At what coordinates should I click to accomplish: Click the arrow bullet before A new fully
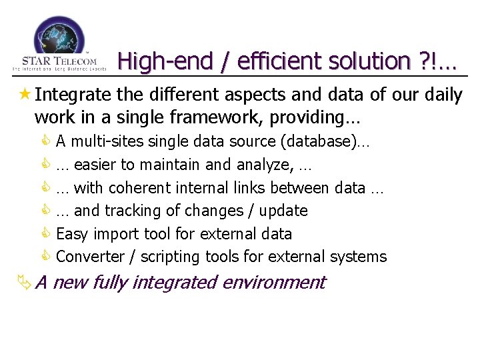coord(24,283)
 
